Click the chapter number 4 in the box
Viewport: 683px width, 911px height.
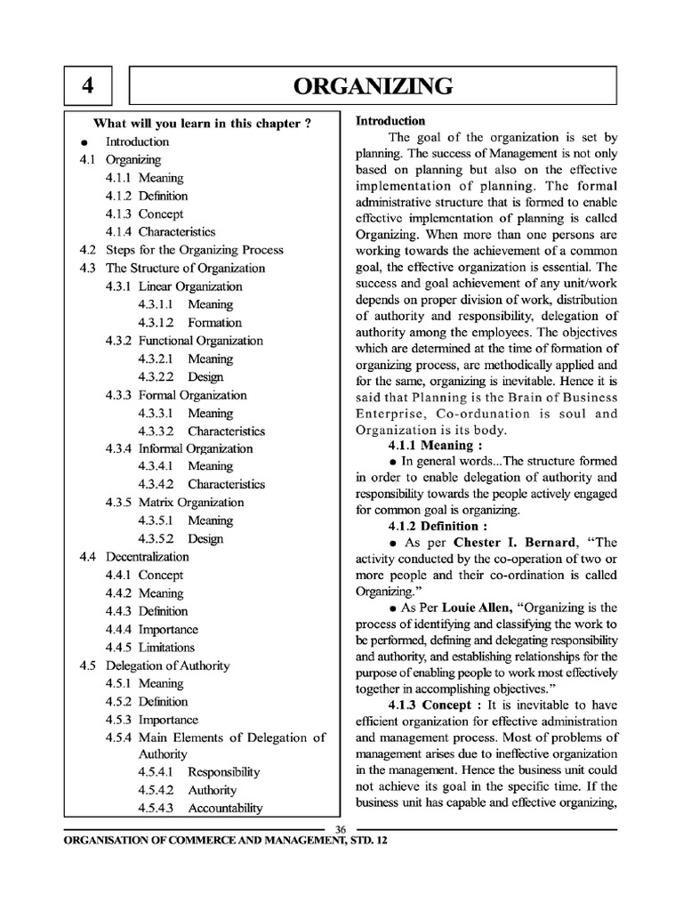tap(87, 86)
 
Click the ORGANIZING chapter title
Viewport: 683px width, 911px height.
tap(374, 86)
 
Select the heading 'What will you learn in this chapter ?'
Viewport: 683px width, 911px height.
tap(203, 124)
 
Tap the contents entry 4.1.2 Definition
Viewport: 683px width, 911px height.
tap(147, 196)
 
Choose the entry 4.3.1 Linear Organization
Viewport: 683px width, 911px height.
tap(173, 286)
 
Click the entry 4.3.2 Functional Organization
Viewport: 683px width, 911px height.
tap(184, 341)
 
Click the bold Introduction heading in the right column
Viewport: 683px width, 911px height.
tap(390, 121)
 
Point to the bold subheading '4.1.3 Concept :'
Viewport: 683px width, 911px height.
tap(432, 705)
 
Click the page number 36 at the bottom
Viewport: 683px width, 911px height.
tap(341, 829)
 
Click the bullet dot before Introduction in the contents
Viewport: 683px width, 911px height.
tap(84, 142)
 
